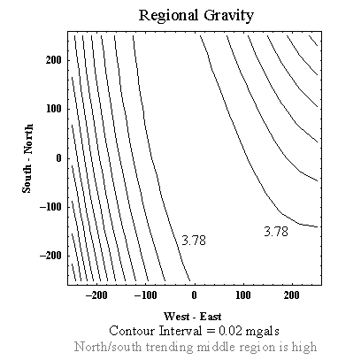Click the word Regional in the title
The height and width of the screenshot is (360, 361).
168,16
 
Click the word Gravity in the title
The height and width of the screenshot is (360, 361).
228,16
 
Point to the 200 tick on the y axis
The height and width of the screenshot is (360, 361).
54,60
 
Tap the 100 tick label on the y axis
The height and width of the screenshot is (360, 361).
54,109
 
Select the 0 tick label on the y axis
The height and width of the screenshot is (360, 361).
58,158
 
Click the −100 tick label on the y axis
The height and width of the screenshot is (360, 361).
50,207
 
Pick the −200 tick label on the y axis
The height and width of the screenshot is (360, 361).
50,256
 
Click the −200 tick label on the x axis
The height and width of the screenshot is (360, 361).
96,295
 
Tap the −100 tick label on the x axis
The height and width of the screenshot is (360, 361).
145,295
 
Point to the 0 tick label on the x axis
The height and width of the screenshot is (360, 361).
194,295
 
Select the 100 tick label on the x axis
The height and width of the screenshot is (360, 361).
243,295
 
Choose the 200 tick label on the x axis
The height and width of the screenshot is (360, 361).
292,295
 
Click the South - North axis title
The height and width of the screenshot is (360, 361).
27,158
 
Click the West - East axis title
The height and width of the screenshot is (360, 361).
193,317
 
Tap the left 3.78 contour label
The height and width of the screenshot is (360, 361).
194,241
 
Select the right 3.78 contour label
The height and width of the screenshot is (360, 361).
276,232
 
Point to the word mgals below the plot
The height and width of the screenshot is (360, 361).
262,332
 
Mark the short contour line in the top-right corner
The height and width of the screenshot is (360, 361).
313,41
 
